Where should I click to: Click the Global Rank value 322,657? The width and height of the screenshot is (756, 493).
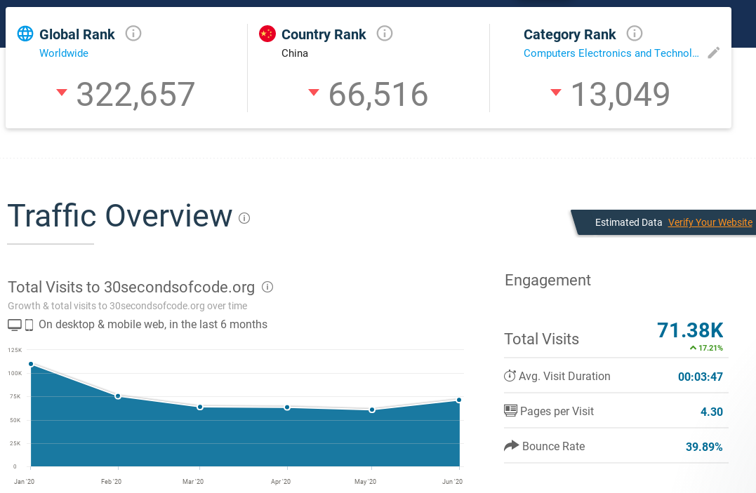click(135, 95)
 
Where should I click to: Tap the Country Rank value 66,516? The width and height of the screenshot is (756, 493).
click(378, 95)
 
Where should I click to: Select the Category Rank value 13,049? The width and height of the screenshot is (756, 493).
click(620, 95)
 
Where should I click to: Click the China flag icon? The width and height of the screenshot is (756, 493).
click(267, 34)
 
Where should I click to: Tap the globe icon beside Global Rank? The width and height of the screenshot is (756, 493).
click(25, 34)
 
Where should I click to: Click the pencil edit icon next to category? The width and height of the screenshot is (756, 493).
click(714, 53)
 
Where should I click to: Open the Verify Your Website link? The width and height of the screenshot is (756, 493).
click(710, 222)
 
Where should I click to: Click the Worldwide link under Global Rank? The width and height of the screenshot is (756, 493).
click(64, 53)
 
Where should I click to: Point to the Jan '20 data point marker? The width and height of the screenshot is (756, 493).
click(31, 364)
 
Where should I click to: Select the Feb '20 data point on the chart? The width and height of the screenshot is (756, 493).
click(118, 396)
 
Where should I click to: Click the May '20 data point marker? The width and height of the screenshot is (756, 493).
click(372, 410)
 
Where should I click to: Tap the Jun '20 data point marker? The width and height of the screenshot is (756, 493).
click(459, 400)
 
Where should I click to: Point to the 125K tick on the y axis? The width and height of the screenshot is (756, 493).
click(15, 349)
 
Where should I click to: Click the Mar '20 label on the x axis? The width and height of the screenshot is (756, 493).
click(193, 482)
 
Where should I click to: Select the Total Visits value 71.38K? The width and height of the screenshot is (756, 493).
click(689, 330)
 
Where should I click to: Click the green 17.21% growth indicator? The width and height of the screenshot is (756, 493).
click(706, 348)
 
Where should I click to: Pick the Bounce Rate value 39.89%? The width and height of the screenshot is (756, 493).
click(704, 447)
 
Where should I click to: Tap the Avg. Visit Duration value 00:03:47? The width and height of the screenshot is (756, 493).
click(700, 377)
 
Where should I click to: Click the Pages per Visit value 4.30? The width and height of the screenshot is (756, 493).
click(711, 412)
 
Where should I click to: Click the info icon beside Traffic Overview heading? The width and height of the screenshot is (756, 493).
click(244, 218)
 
